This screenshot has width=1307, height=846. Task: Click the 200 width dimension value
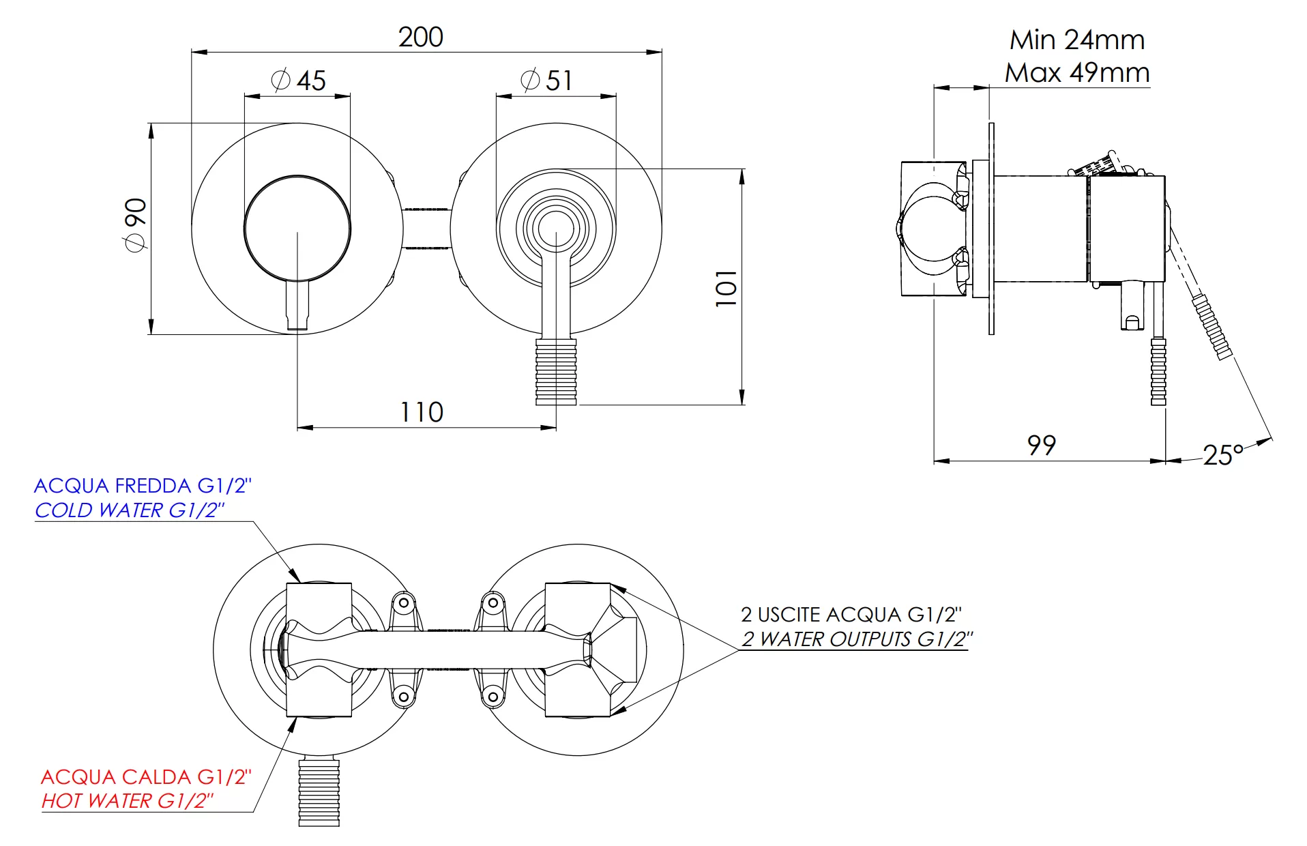click(420, 37)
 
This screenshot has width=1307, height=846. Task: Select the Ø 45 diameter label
click(299, 81)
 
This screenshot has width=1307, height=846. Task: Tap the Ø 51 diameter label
click(546, 81)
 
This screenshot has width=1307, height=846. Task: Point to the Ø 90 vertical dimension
click(135, 224)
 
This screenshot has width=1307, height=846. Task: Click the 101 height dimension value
click(726, 287)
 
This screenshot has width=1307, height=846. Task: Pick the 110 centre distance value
click(422, 412)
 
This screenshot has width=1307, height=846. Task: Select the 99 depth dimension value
click(1042, 446)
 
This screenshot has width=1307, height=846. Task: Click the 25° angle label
click(1223, 455)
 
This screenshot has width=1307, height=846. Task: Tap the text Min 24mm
click(1077, 40)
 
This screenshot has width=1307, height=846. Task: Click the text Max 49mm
click(1077, 72)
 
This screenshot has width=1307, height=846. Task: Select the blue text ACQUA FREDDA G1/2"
click(143, 486)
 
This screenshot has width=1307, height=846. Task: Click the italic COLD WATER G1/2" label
click(130, 510)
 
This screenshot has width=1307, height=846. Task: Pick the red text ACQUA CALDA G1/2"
click(146, 777)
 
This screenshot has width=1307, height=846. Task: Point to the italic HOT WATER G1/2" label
click(128, 801)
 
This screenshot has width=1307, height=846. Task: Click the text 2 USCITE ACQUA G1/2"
click(851, 615)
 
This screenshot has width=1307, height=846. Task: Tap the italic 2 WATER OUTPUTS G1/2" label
click(857, 639)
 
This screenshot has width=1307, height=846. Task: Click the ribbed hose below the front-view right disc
click(556, 371)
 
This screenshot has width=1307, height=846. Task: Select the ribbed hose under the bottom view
click(319, 791)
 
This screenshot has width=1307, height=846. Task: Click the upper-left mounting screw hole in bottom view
click(403, 603)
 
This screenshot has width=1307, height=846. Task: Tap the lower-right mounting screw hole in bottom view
click(493, 697)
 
